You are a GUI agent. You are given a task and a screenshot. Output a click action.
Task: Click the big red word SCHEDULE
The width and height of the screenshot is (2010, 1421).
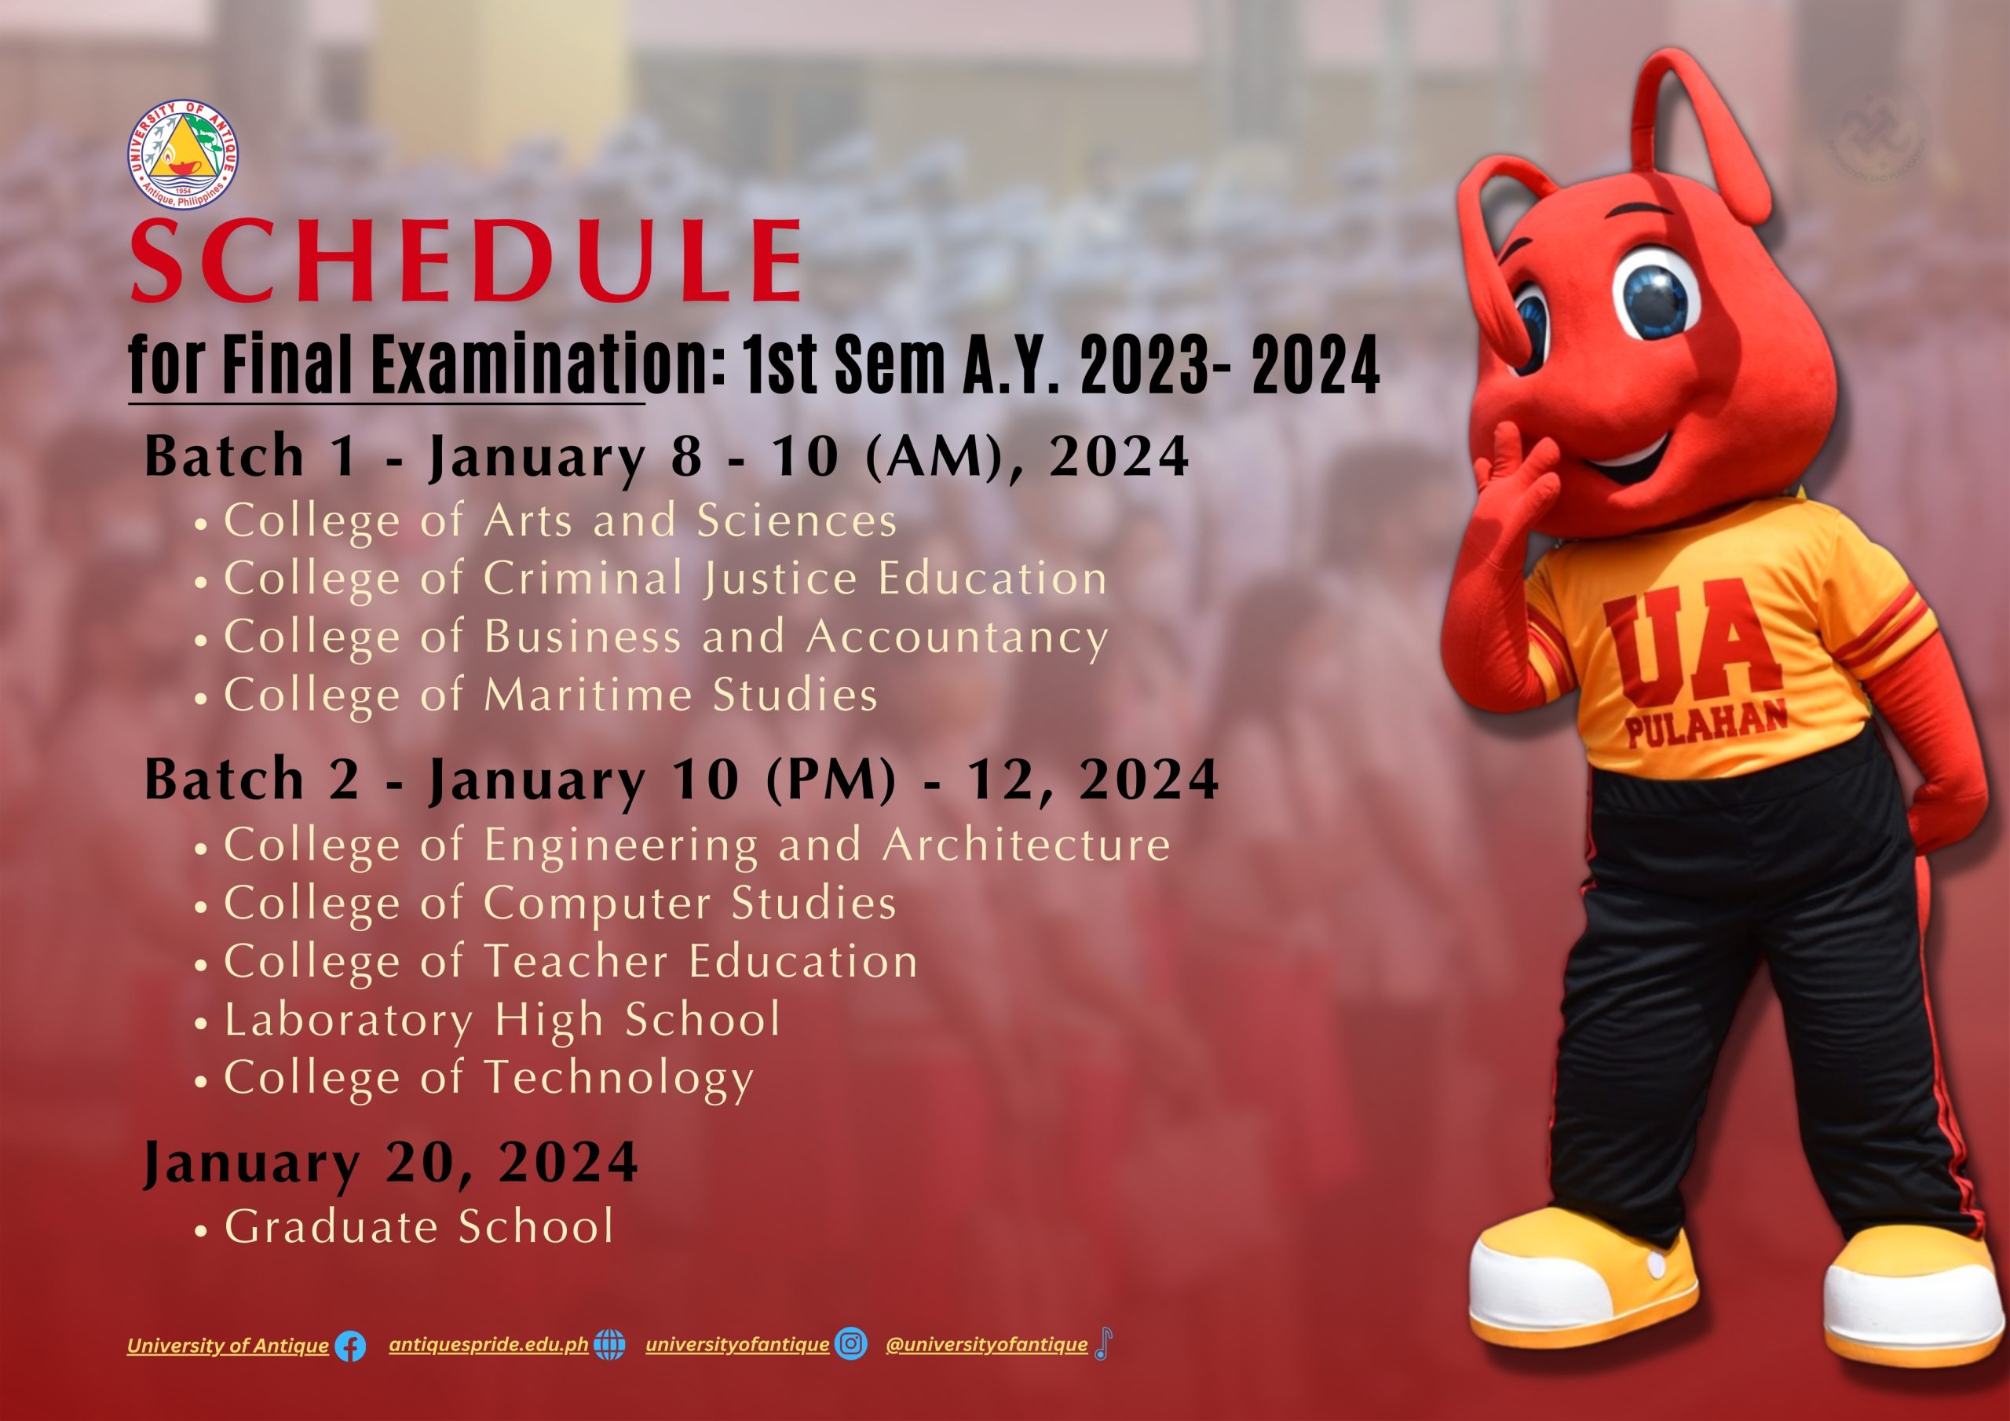click(x=466, y=260)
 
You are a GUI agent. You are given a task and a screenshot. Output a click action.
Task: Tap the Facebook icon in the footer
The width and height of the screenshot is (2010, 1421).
click(x=351, y=1346)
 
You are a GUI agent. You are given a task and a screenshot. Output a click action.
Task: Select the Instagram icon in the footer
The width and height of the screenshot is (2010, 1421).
click(x=851, y=1343)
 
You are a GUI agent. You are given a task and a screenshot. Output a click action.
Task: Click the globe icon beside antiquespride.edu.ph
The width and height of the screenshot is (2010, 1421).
click(x=609, y=1344)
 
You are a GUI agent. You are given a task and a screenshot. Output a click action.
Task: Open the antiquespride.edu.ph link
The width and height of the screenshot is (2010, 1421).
click(x=488, y=1345)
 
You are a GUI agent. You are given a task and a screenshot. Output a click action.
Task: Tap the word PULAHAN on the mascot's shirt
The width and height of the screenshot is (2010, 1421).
click(x=1706, y=725)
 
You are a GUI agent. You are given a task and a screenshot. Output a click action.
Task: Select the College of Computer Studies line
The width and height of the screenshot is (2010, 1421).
click(x=561, y=903)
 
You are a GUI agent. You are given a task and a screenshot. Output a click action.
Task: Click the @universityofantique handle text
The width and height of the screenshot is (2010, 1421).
click(x=987, y=1344)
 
